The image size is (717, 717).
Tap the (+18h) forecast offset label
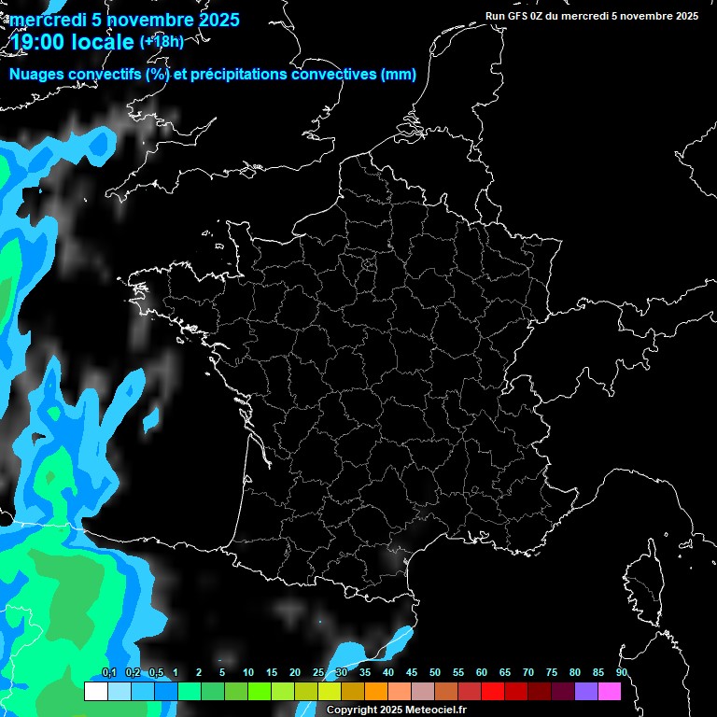click(162, 41)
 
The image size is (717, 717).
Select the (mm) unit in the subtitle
click(399, 75)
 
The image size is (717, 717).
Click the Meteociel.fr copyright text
click(396, 710)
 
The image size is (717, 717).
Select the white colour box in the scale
click(95, 691)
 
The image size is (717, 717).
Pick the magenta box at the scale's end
click(610, 691)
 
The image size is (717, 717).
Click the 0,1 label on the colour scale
click(108, 673)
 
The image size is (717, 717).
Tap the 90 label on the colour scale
click(621, 673)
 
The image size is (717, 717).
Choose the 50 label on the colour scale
click(435, 673)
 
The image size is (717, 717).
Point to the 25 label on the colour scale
click(318, 673)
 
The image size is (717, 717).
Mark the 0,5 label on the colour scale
click(155, 673)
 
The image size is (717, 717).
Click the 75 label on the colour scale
click(552, 673)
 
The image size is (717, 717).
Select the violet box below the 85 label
click(586, 691)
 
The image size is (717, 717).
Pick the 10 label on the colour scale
click(247, 673)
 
